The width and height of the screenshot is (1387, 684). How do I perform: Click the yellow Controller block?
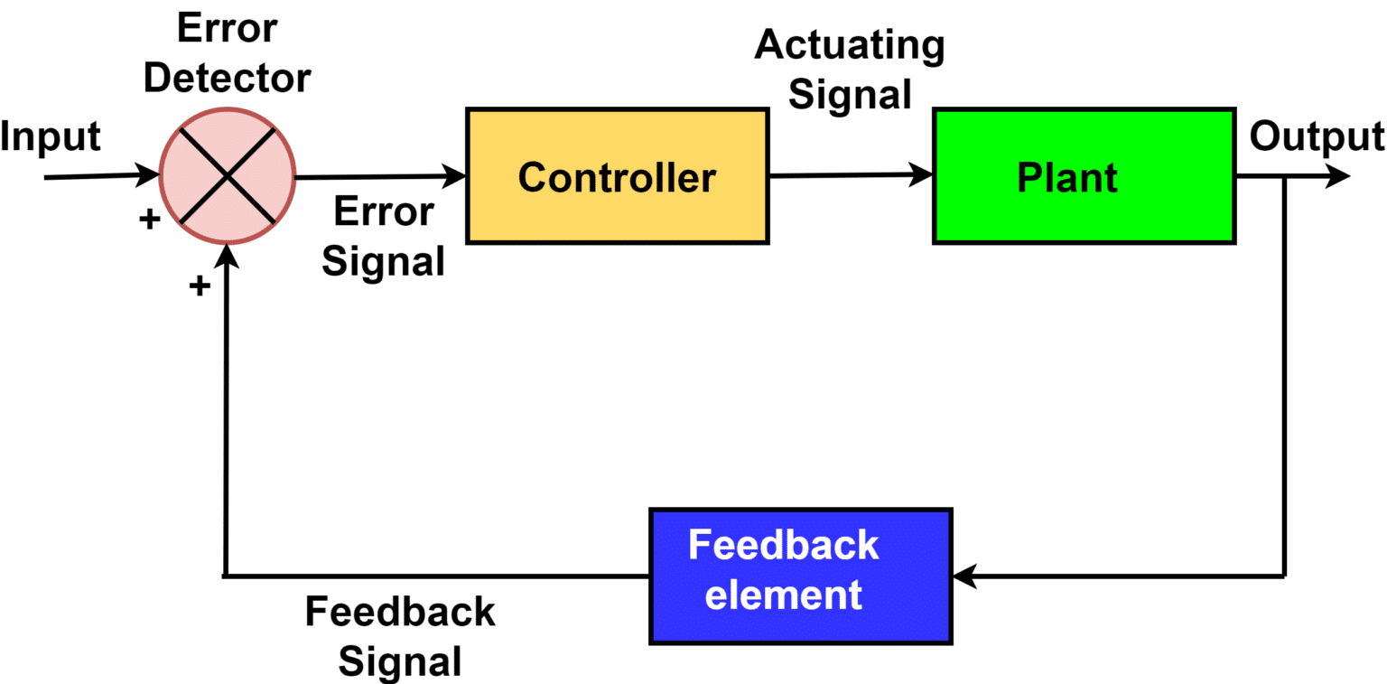(617, 176)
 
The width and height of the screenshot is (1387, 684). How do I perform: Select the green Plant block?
(1084, 176)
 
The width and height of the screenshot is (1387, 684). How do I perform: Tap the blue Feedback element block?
(800, 576)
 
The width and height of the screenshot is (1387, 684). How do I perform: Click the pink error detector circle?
(228, 176)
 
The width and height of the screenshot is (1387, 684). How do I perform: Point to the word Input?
(51, 137)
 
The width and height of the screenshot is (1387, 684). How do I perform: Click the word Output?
(1317, 136)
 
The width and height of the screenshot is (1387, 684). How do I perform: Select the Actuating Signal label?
(850, 70)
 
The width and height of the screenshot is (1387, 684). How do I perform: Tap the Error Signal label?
(384, 237)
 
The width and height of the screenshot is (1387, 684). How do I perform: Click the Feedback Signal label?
(399, 636)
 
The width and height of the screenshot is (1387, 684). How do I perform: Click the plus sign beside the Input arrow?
(150, 219)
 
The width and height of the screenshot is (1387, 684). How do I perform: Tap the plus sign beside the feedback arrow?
(199, 286)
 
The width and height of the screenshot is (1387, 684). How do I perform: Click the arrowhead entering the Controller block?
(454, 175)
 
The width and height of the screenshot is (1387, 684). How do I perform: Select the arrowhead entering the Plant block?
(921, 174)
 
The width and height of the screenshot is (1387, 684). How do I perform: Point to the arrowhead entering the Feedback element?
(965, 575)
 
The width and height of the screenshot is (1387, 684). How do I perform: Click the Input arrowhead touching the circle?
(148, 174)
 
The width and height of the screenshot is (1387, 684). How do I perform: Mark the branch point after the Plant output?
(1283, 177)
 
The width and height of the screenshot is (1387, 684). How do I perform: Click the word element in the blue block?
(784, 595)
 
